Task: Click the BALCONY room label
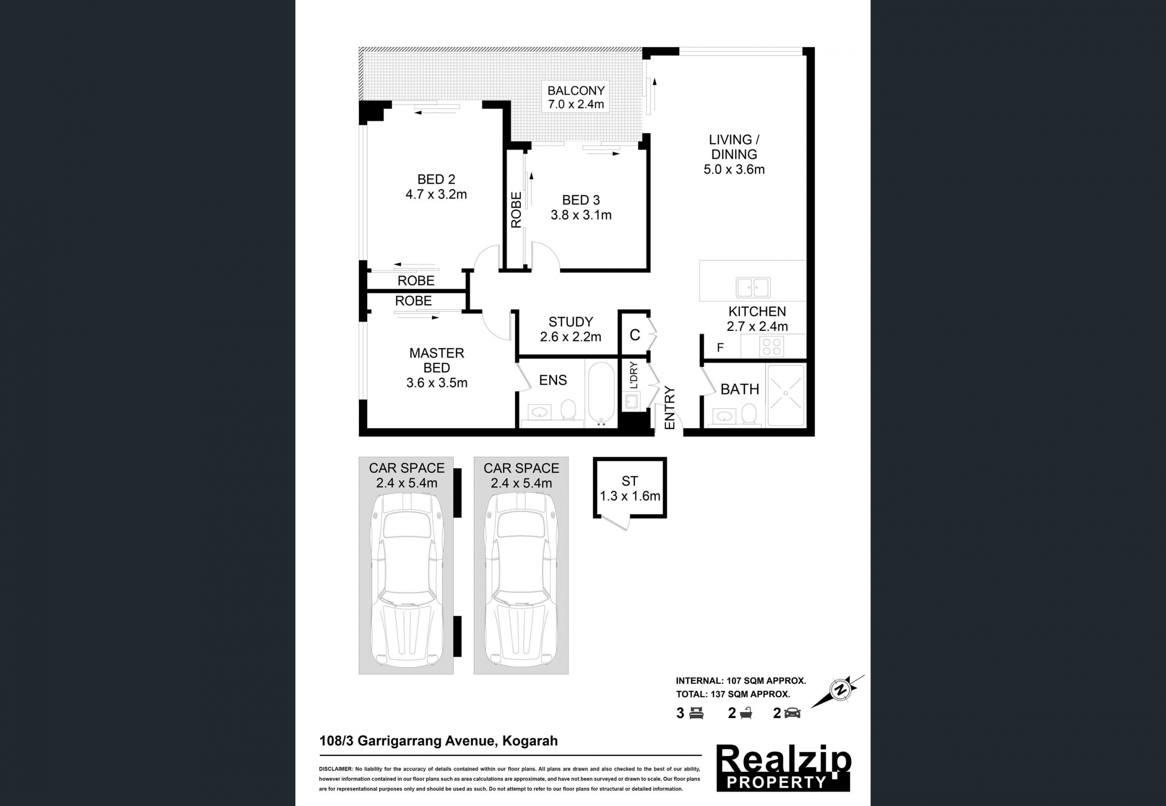(576, 91)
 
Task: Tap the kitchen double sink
(753, 288)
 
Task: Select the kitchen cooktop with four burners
(772, 347)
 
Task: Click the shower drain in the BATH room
(786, 393)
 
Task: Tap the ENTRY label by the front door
(670, 408)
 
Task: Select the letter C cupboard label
(635, 335)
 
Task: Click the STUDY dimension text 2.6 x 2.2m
(571, 337)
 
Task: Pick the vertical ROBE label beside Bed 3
(516, 209)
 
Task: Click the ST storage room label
(630, 481)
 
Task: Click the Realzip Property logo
(784, 768)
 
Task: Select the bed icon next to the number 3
(697, 713)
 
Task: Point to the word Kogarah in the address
(530, 741)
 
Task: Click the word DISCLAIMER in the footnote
(336, 769)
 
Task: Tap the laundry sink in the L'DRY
(631, 402)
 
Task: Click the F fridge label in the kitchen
(720, 347)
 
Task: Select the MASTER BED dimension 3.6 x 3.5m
(437, 383)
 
